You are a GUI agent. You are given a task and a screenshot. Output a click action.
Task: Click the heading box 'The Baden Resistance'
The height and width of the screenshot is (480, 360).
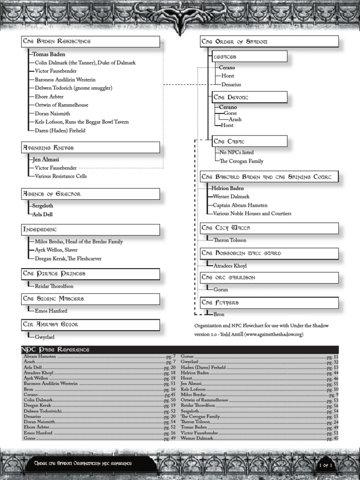(90, 42)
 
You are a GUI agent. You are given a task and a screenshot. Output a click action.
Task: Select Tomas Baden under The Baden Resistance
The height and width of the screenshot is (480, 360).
(49, 54)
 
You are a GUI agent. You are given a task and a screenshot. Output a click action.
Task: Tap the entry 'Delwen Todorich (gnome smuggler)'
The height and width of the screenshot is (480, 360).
(73, 88)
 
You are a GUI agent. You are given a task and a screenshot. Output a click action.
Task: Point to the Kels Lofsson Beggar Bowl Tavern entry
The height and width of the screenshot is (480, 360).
(82, 122)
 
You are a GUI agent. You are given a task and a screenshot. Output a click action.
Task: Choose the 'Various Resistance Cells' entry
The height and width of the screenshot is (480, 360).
(60, 176)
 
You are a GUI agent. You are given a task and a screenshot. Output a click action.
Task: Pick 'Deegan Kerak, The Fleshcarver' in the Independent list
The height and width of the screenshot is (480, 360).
(68, 258)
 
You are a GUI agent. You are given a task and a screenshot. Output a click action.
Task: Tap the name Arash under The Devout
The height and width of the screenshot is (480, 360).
(235, 120)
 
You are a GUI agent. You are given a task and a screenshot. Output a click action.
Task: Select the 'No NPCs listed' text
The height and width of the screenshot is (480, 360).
(236, 152)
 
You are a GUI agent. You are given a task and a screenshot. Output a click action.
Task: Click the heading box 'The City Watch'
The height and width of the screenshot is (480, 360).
(269, 228)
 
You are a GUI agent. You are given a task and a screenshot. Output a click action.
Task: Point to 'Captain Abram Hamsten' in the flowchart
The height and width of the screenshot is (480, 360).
(240, 205)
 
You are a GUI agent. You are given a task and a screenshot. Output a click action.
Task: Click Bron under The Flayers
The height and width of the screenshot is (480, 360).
(219, 315)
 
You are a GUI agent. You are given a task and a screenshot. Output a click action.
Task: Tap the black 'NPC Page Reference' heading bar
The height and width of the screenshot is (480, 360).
(180, 350)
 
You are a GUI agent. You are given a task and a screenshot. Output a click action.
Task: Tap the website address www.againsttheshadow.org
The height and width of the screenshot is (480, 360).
(274, 334)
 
